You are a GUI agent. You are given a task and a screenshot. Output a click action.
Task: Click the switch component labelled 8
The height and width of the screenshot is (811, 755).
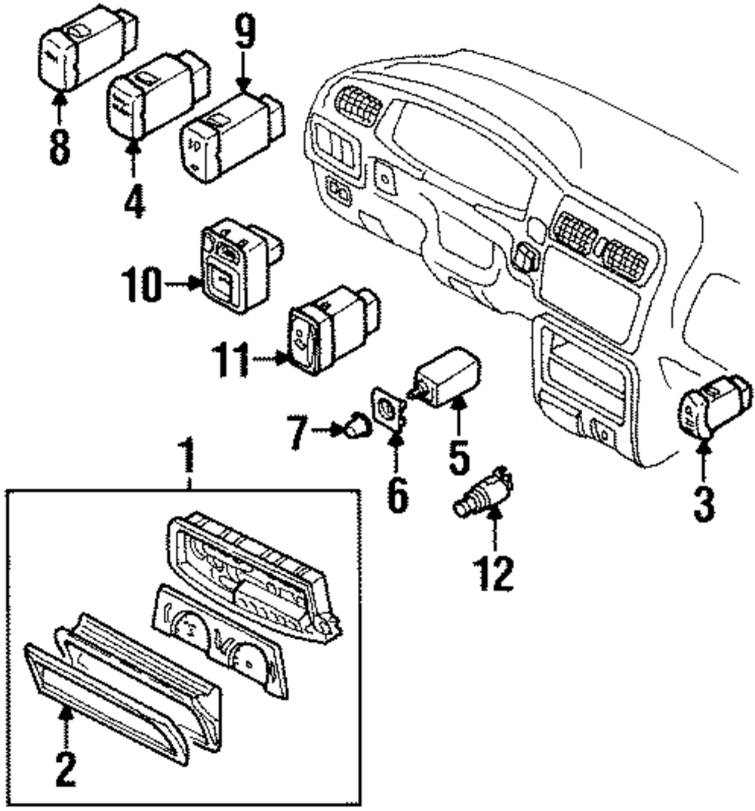[83, 49]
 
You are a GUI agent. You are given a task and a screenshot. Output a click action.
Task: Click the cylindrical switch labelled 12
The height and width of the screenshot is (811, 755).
[482, 495]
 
